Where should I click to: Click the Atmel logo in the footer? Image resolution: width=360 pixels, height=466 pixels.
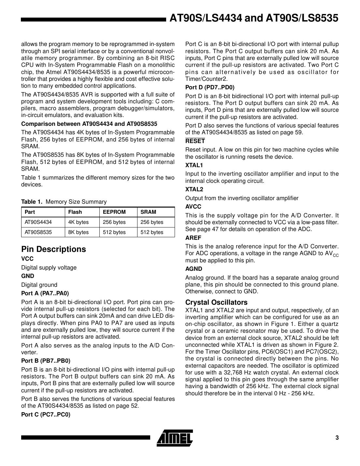[175, 438]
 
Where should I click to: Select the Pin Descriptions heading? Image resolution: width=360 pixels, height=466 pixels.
[53, 249]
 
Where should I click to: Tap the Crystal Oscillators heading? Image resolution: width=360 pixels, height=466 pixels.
[216, 302]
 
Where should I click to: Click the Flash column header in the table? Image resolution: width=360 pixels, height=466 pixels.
[75, 212]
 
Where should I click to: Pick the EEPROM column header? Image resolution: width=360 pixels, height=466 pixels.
[114, 212]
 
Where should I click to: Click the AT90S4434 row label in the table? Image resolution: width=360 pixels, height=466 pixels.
[38, 222]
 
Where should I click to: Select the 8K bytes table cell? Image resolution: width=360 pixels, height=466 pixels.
[79, 232]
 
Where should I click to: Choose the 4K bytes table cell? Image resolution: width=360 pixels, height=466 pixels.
[79, 222]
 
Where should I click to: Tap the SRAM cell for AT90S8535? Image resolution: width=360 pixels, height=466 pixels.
[152, 232]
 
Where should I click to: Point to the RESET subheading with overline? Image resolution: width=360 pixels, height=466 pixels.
[195, 141]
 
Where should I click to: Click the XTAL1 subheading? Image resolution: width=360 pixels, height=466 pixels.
[194, 165]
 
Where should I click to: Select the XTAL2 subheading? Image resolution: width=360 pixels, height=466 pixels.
[194, 189]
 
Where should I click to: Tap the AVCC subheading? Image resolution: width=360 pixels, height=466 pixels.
[193, 207]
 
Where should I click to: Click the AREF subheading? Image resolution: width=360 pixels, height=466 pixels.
[193, 238]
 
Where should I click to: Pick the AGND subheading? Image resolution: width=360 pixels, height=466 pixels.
[194, 269]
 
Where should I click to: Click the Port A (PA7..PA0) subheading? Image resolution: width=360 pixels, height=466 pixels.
[45, 293]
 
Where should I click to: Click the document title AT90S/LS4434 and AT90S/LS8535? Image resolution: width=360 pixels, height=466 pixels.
[254, 18]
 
